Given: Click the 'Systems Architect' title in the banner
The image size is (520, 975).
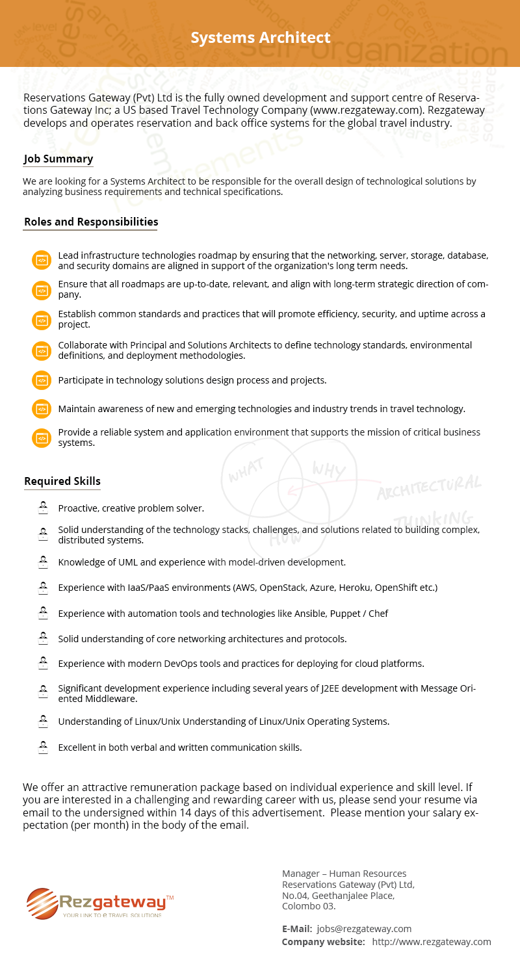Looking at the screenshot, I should (x=260, y=38).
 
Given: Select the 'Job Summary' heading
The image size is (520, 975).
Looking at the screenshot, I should (x=58, y=159).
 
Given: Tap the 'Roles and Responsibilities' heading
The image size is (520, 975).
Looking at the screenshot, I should (x=91, y=222).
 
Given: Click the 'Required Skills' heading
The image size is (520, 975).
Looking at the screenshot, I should (x=62, y=482).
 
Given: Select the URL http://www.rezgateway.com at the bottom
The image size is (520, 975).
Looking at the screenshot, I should (x=432, y=942).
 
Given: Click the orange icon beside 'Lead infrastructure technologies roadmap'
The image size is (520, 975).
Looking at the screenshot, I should (x=41, y=260).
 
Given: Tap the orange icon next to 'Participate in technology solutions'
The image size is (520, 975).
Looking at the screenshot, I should (x=41, y=380).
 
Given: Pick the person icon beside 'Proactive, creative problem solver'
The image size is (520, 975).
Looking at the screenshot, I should (x=43, y=507).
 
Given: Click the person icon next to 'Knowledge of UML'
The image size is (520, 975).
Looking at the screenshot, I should (x=43, y=561).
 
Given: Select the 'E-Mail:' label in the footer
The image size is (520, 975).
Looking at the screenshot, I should (x=296, y=929).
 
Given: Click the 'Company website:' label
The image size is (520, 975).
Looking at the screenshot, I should (x=323, y=942).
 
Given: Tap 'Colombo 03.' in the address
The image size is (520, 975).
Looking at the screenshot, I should (x=308, y=906).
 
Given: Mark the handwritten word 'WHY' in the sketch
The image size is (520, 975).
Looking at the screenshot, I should (x=329, y=469).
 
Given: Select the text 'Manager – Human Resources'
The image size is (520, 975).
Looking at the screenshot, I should (x=344, y=874).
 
